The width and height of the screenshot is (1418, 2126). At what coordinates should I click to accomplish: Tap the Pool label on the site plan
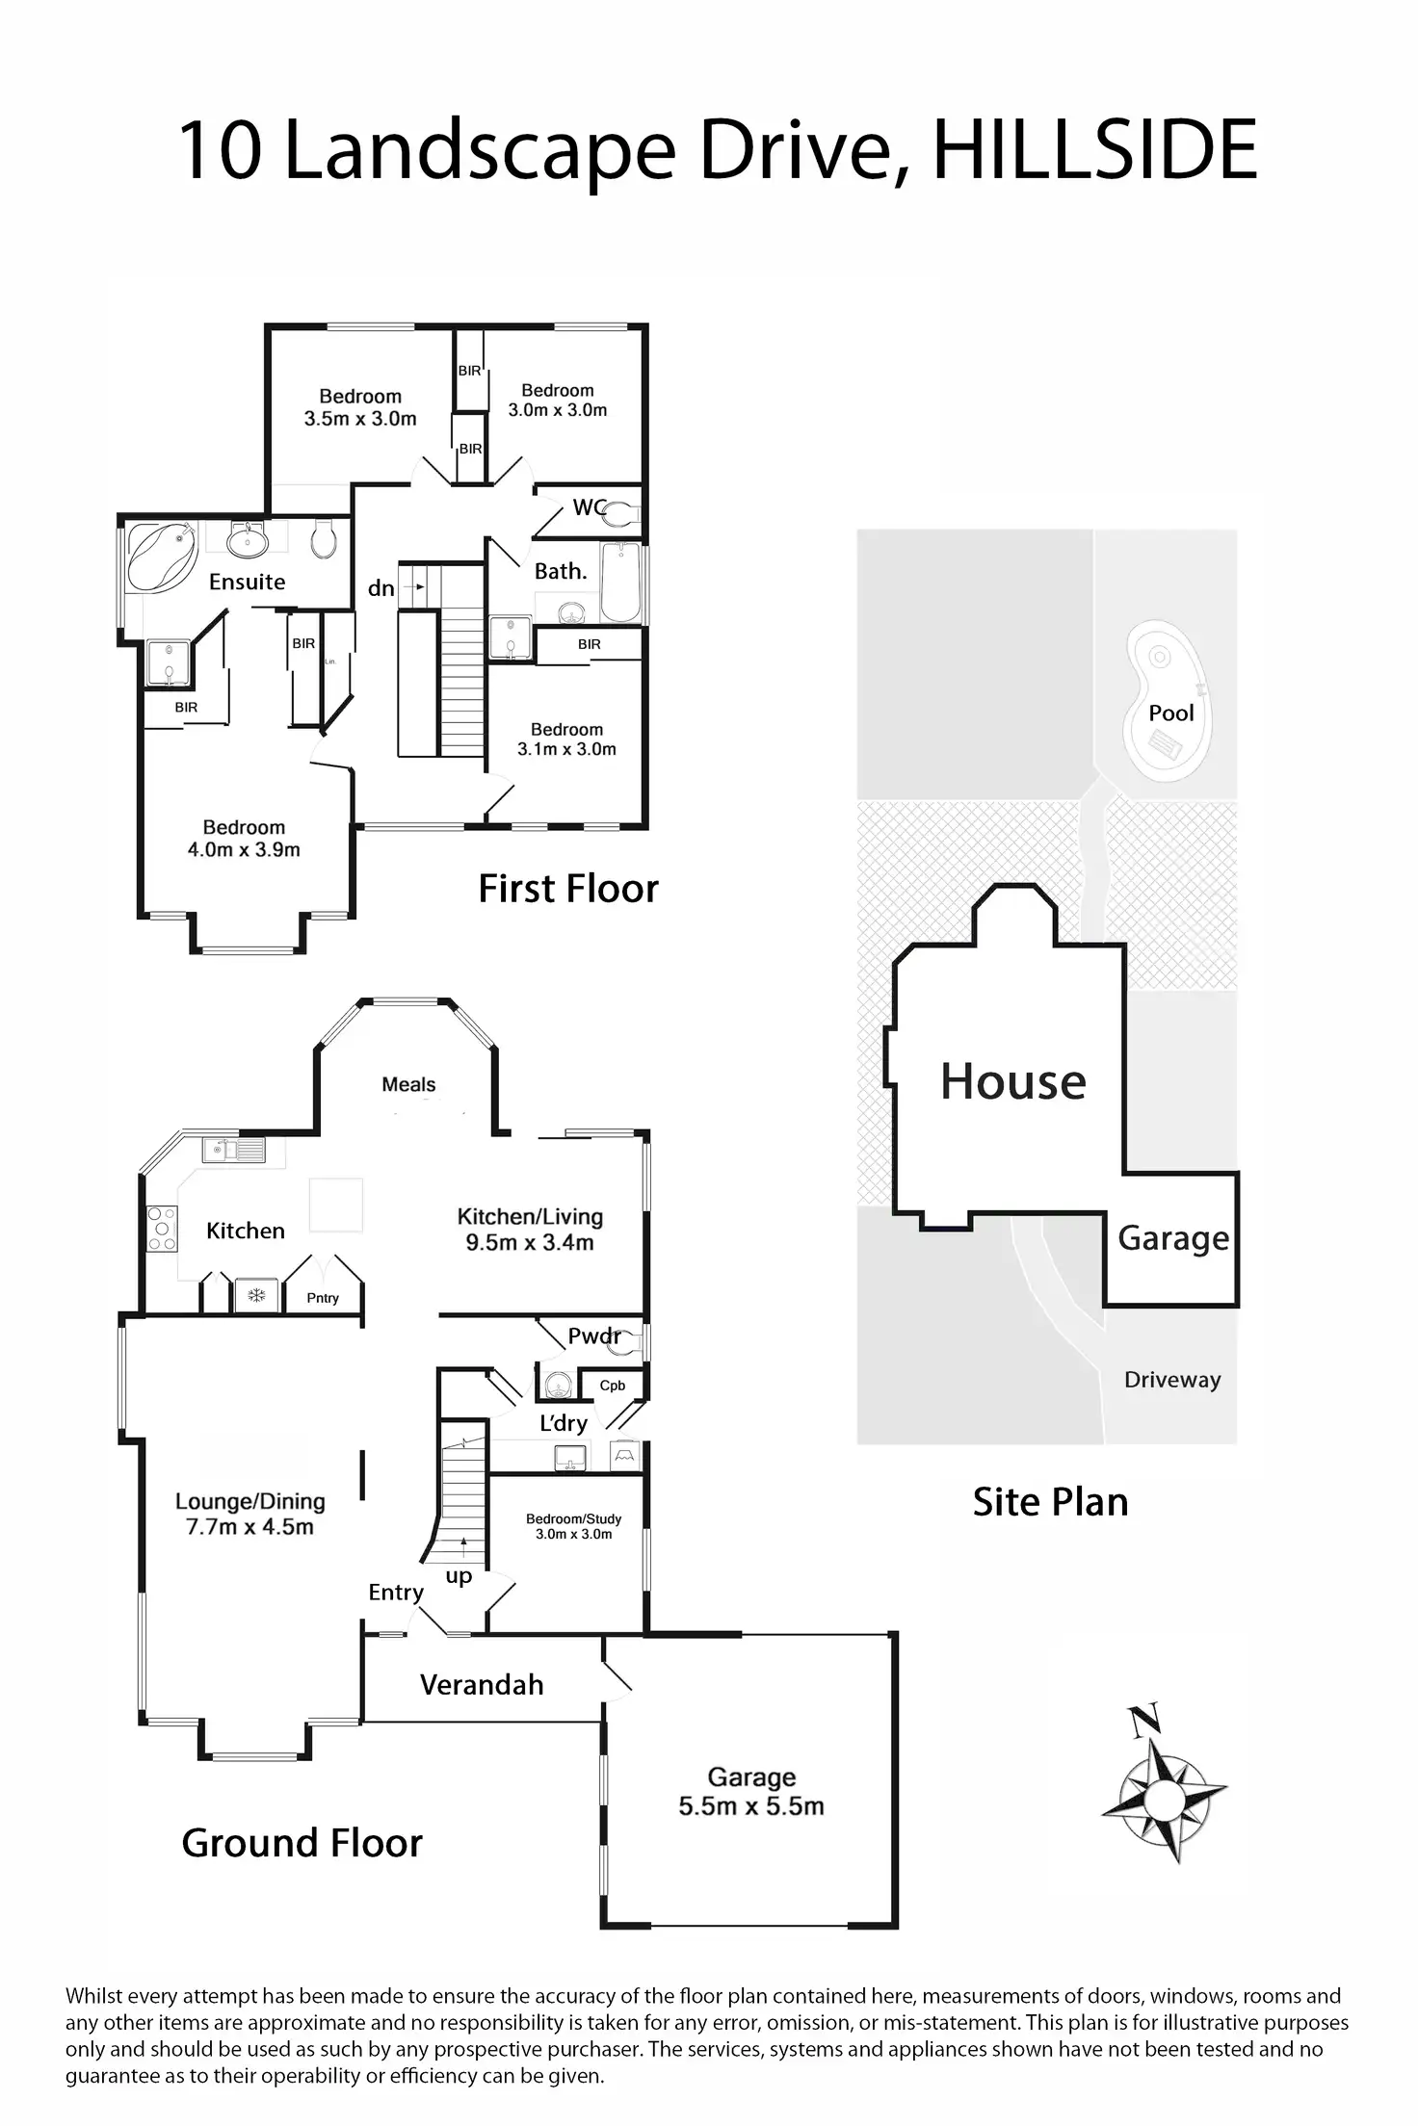click(x=1170, y=713)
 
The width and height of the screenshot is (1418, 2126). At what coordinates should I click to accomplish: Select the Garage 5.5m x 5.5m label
click(x=751, y=1791)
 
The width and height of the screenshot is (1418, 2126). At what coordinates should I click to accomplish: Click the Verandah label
click(x=482, y=1684)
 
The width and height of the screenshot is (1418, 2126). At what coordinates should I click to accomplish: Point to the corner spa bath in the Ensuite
click(x=162, y=557)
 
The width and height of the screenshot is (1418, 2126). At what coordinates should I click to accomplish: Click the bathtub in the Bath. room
click(x=620, y=583)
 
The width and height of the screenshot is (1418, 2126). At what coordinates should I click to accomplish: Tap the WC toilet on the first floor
click(x=621, y=512)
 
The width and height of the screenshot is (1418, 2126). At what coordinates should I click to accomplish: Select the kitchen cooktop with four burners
click(x=162, y=1229)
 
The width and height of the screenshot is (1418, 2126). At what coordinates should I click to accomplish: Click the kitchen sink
click(x=234, y=1150)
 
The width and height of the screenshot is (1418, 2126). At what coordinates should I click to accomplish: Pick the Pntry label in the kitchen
click(x=323, y=1298)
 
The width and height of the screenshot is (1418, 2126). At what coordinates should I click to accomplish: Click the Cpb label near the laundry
click(x=613, y=1385)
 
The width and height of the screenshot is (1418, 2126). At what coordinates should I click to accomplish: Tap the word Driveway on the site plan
click(x=1172, y=1379)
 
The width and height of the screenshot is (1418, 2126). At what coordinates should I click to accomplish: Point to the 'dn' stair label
click(x=381, y=587)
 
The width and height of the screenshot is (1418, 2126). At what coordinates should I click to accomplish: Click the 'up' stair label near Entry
click(x=459, y=1575)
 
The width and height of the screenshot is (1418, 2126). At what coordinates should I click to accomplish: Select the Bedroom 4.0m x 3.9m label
click(x=244, y=838)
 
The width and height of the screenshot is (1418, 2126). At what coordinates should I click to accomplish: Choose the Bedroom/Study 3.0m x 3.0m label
click(x=573, y=1525)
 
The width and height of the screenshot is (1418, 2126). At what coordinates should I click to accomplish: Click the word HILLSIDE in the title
click(x=1094, y=150)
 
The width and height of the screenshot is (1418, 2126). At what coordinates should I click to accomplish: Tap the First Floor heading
click(x=568, y=888)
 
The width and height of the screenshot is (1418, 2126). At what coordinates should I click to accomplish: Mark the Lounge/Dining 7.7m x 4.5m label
click(x=249, y=1514)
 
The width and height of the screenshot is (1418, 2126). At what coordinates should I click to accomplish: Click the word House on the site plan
click(x=1012, y=1081)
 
